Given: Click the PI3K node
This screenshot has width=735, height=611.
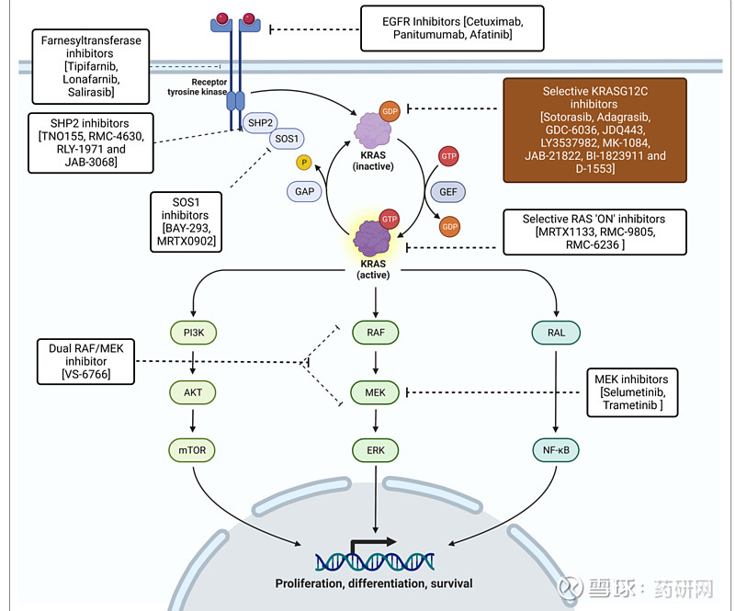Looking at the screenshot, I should pyautogui.click(x=192, y=333).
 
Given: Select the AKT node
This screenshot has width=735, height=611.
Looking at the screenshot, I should pyautogui.click(x=192, y=391).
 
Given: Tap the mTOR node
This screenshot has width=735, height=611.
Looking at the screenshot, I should pyautogui.click(x=192, y=450).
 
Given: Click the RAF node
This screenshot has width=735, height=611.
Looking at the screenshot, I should pyautogui.click(x=376, y=333).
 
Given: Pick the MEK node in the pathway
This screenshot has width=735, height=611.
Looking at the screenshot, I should pyautogui.click(x=376, y=391).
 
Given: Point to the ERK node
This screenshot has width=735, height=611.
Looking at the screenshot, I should pyautogui.click(x=376, y=450).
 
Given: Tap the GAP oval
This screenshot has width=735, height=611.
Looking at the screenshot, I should pyautogui.click(x=306, y=191).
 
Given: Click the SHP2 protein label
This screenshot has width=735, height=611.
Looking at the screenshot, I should pyautogui.click(x=261, y=121).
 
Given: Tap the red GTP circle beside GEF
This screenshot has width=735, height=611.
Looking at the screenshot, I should pyautogui.click(x=448, y=156).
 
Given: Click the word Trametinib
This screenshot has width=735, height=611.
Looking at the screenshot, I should pyautogui.click(x=631, y=405).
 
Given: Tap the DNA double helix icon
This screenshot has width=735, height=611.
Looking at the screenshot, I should pyautogui.click(x=374, y=557).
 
